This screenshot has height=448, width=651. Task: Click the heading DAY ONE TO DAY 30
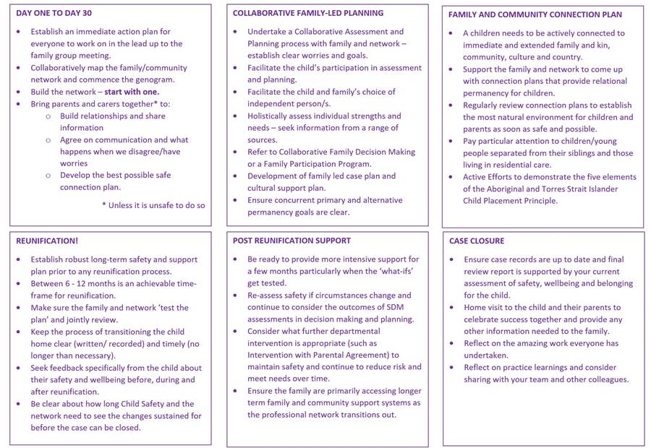(x=54, y=13)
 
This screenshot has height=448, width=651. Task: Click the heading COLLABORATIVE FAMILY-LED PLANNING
(x=308, y=13)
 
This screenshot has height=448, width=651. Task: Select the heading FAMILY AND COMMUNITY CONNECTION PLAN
(x=535, y=14)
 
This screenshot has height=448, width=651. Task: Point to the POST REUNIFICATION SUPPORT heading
(x=292, y=241)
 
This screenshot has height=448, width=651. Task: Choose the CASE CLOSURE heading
(x=476, y=241)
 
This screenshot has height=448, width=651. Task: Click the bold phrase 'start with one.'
(x=132, y=92)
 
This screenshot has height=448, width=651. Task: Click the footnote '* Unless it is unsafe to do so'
(x=153, y=205)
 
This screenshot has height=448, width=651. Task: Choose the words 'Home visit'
(x=485, y=308)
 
